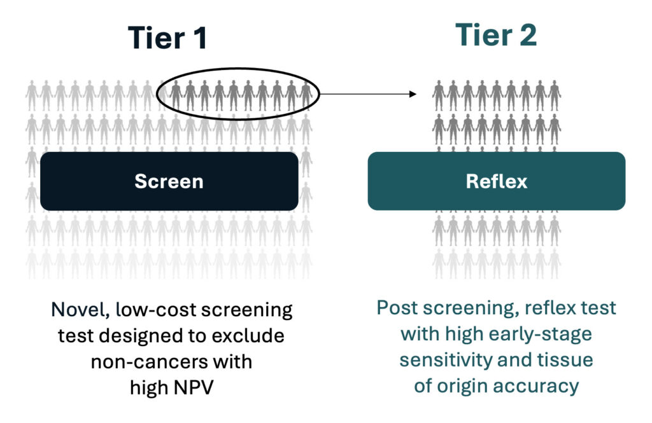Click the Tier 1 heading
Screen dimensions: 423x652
coord(167,38)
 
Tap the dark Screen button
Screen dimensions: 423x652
coord(169,181)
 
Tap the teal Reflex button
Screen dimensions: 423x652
coord(496,181)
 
